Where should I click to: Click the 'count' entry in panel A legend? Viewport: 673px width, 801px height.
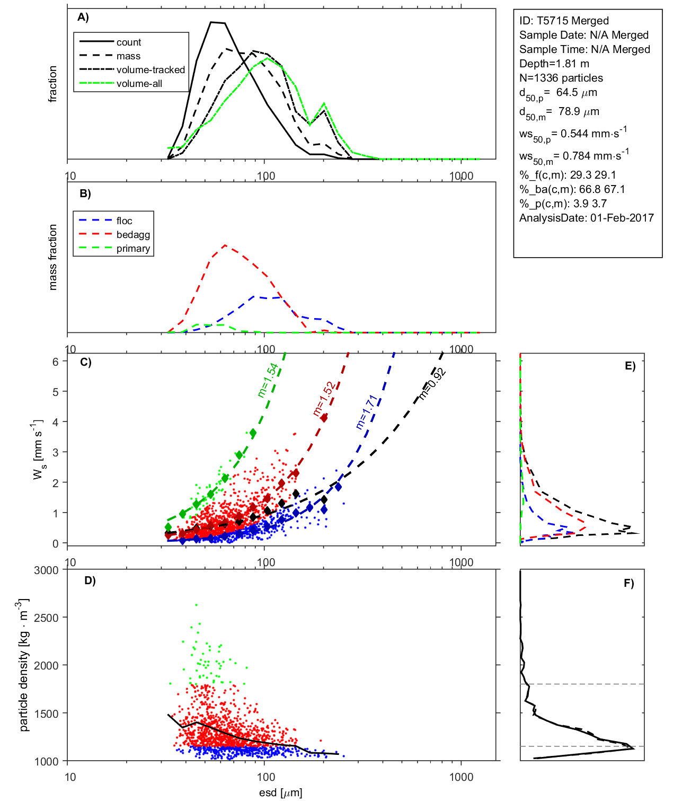[129, 42]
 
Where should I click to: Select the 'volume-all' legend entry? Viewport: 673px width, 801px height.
[139, 84]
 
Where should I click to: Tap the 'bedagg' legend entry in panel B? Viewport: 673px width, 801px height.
[133, 235]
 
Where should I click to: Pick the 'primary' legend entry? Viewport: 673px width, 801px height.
[133, 249]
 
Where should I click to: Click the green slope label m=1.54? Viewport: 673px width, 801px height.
[268, 380]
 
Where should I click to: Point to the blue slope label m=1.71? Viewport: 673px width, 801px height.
[366, 412]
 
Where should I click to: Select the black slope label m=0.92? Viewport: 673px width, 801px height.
[432, 384]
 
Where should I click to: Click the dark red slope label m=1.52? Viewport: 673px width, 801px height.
[323, 399]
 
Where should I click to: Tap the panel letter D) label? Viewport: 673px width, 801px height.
[90, 580]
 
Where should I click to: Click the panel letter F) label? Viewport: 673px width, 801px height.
[628, 584]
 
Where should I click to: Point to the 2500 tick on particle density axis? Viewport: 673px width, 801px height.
[46, 618]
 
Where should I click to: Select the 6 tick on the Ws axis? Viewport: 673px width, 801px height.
[55, 362]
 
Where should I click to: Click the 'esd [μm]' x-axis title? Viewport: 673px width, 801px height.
[280, 793]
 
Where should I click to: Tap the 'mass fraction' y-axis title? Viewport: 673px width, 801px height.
[52, 257]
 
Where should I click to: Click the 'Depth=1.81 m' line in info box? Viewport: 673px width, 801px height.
[554, 64]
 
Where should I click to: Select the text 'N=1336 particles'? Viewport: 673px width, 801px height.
[561, 78]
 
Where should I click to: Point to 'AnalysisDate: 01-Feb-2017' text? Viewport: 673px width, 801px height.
[586, 218]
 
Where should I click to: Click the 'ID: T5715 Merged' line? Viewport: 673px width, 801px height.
[564, 21]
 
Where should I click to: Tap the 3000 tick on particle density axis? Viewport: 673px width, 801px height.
[46, 570]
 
